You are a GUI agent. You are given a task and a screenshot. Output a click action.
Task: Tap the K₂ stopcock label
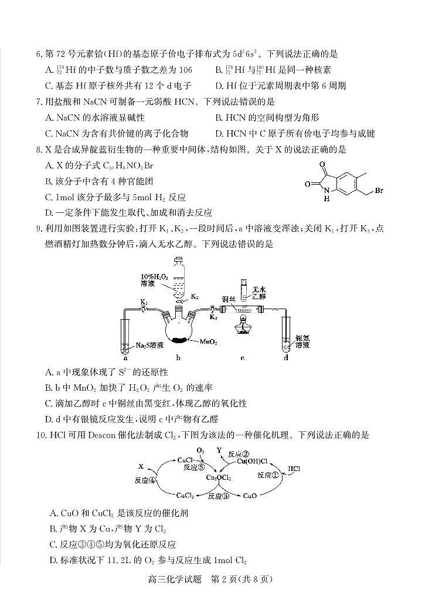coord(195,297)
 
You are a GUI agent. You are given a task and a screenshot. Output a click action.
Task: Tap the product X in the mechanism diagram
coord(141,466)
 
